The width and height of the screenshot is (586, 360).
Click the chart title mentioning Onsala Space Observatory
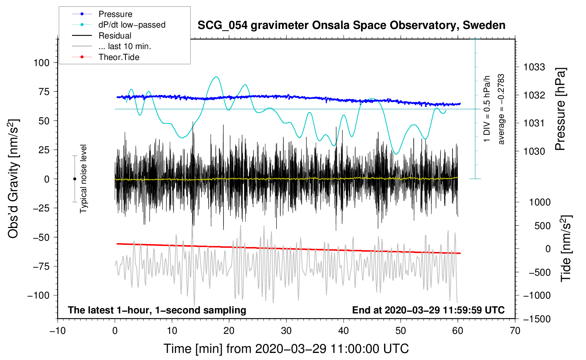[x=351, y=25]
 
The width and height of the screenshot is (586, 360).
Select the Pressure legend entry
[x=115, y=14]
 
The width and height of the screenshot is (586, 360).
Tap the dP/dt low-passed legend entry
[x=132, y=25]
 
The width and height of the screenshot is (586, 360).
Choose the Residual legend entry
[x=115, y=36]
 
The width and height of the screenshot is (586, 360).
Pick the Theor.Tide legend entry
[x=119, y=57]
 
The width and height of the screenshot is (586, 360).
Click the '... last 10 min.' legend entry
[x=125, y=46]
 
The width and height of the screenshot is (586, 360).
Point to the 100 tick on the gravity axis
[x=41, y=62]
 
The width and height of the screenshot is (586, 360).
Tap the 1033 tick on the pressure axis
[x=534, y=67]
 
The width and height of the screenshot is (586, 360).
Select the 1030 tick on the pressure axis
[x=534, y=151]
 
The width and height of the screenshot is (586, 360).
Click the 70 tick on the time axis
[x=515, y=331]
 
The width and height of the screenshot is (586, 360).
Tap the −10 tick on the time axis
[x=58, y=331]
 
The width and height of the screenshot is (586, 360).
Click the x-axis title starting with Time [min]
[x=286, y=349]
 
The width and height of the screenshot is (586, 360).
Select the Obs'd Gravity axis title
[x=13, y=179]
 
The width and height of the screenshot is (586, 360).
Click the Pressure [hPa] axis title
[x=560, y=109]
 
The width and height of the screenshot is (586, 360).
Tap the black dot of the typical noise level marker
[x=74, y=179]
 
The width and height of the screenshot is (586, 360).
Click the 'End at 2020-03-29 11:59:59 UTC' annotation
[x=428, y=310]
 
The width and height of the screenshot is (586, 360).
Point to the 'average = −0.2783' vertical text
[x=501, y=109]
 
